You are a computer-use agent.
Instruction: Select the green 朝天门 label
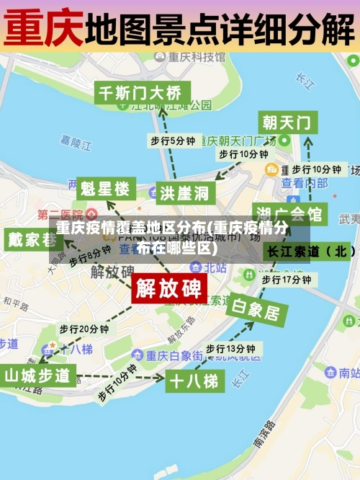(x=287, y=122)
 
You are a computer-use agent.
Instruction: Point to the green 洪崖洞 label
(x=184, y=192)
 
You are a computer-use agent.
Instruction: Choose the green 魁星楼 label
(x=105, y=189)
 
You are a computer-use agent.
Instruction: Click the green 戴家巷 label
(x=33, y=239)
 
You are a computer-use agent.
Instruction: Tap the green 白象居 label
(x=256, y=311)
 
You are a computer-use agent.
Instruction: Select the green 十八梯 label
(x=192, y=380)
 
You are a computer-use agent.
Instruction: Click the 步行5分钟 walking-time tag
(x=172, y=141)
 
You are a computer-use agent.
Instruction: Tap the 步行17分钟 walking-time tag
(x=285, y=279)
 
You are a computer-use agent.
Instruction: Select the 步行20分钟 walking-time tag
(x=84, y=329)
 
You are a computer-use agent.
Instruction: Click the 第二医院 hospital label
(x=60, y=215)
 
